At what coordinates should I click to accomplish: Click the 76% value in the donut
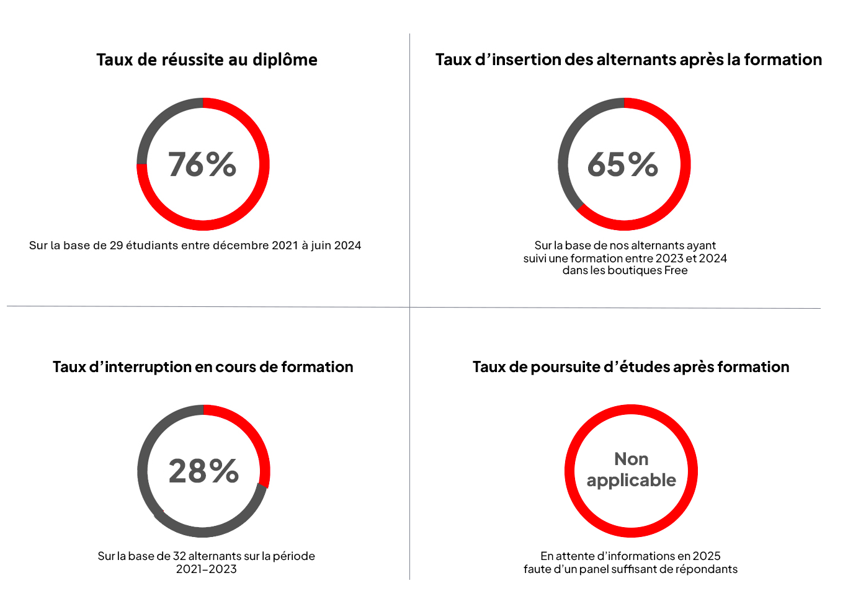pyautogui.click(x=202, y=164)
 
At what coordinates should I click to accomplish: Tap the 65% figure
pyautogui.click(x=622, y=164)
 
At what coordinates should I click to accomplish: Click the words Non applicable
pyautogui.click(x=631, y=469)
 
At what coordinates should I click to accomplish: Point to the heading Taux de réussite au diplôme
pyautogui.click(x=207, y=60)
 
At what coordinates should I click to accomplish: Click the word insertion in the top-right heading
pyautogui.click(x=526, y=60)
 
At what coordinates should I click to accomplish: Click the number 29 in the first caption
pyautogui.click(x=116, y=246)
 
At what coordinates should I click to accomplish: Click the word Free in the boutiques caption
pyautogui.click(x=676, y=270)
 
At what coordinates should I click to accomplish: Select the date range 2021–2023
pyautogui.click(x=206, y=569)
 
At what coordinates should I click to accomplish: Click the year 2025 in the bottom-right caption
pyautogui.click(x=707, y=556)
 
